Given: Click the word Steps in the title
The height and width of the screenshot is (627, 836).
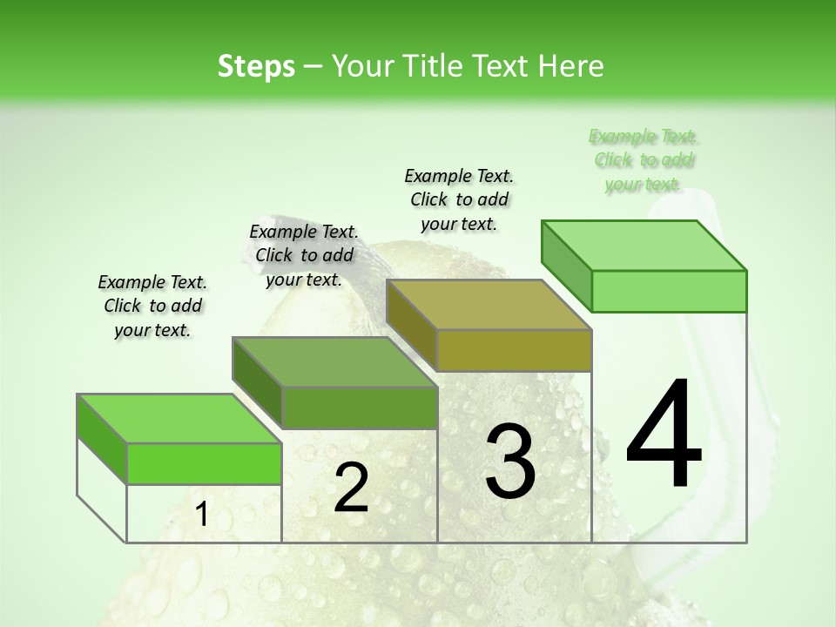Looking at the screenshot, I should (256, 66).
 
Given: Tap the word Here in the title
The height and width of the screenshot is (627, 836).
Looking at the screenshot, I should (571, 66).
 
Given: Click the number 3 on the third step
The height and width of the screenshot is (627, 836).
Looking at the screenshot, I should (510, 461).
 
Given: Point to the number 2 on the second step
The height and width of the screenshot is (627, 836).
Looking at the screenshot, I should (351, 488).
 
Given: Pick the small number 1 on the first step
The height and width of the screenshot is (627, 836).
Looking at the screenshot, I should (202, 515).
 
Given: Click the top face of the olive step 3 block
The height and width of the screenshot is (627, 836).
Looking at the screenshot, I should (489, 304).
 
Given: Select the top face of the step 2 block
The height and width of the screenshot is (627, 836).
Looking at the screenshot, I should (334, 361).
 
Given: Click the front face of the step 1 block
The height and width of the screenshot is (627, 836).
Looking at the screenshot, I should (204, 463).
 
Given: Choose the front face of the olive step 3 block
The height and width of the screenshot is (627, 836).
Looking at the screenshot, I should (514, 350).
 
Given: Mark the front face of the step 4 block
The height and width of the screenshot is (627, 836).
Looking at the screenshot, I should (669, 291).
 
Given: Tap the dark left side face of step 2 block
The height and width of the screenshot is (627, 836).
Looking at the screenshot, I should (257, 383).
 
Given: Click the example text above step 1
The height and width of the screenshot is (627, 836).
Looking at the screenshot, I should (152, 306).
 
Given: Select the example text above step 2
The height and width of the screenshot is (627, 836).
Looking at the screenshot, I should (304, 255).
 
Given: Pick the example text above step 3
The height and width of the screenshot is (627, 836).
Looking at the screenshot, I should (459, 199).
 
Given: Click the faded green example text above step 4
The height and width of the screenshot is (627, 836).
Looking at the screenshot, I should (644, 159).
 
